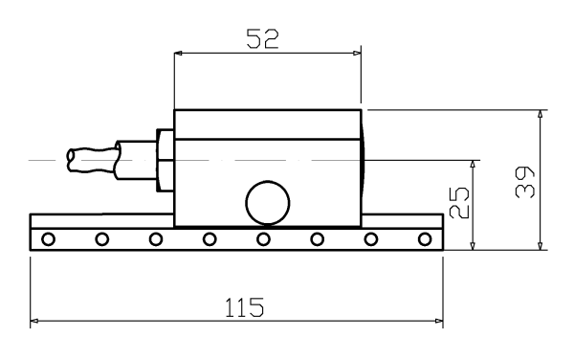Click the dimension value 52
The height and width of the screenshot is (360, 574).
(x=262, y=39)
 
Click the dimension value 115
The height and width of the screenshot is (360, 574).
(x=244, y=307)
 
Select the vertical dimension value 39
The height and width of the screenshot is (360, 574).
(x=524, y=182)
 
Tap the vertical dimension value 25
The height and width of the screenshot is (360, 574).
(x=458, y=203)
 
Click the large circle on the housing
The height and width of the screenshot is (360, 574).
(x=268, y=203)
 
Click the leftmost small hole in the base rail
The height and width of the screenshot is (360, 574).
(x=49, y=239)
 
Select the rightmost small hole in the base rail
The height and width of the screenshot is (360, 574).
(x=425, y=239)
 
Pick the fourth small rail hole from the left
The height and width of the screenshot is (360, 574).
(x=210, y=239)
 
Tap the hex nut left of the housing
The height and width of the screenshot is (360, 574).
(x=166, y=160)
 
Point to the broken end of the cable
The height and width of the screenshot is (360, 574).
(x=71, y=160)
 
